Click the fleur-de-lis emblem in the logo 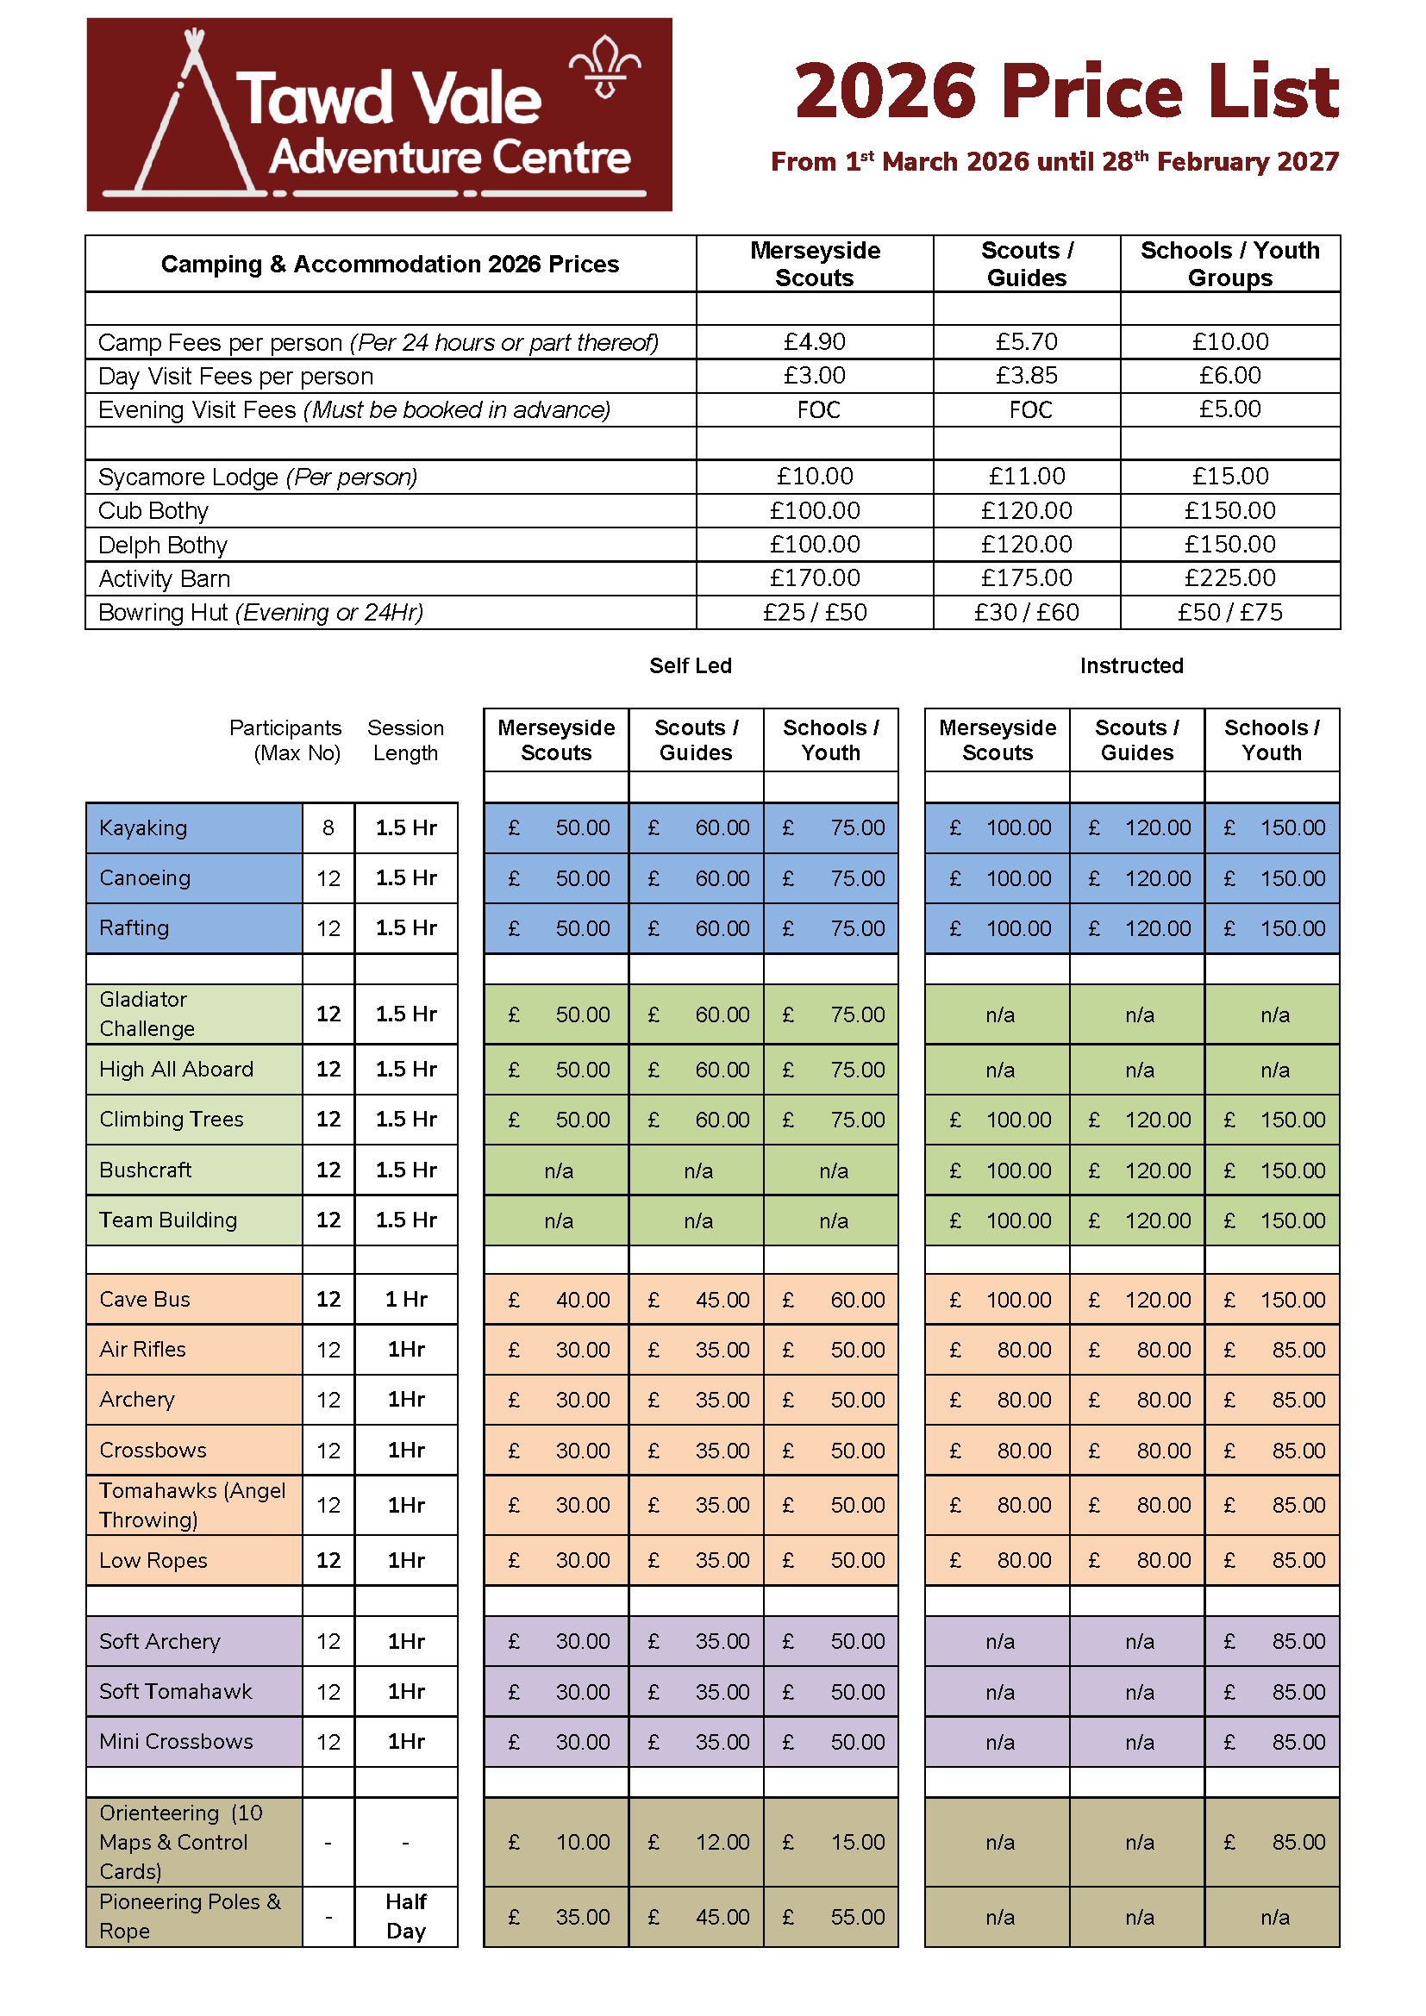click(604, 66)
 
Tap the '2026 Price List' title click(1066, 91)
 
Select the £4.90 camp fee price click(814, 341)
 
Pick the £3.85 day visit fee click(1026, 376)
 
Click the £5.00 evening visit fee click(1229, 409)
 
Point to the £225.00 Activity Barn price click(1229, 577)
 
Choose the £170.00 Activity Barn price click(814, 577)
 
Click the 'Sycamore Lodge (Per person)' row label click(257, 477)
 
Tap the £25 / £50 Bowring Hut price click(814, 612)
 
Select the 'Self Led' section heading click(691, 665)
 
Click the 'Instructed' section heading click(1131, 665)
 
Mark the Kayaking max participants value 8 click(328, 828)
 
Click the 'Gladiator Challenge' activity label click(147, 1014)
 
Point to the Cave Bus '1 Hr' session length click(406, 1299)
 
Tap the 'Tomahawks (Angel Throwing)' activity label click(192, 1504)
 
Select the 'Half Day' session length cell click(406, 1916)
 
